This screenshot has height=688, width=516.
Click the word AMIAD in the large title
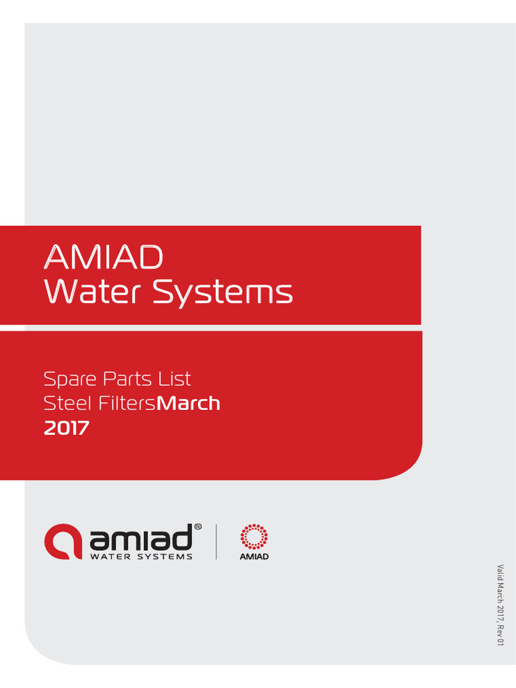point(103,257)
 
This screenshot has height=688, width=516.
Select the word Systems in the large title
point(222,293)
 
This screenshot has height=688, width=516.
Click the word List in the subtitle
point(175,378)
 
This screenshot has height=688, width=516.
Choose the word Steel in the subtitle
point(65,403)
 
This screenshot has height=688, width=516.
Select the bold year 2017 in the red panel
point(66,428)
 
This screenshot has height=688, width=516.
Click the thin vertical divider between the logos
point(216,542)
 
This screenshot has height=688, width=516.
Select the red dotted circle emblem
point(254,536)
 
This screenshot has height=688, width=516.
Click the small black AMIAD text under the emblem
point(254,556)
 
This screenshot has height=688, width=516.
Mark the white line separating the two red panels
point(210,328)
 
